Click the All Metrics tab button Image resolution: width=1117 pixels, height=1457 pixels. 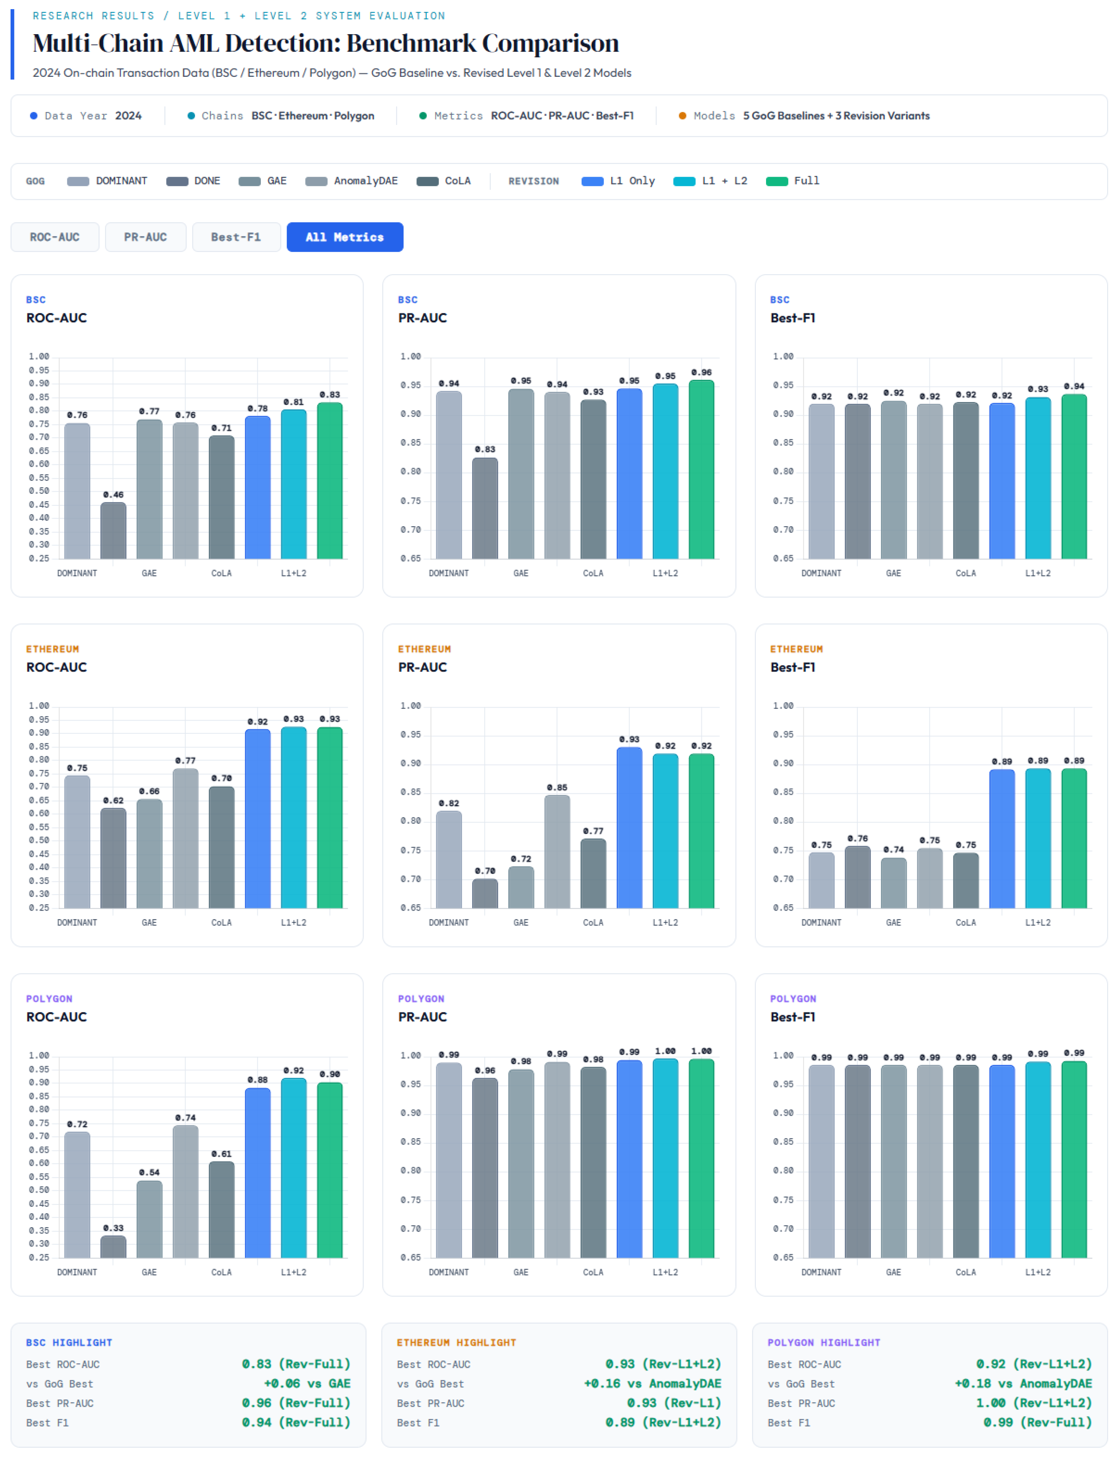click(x=344, y=237)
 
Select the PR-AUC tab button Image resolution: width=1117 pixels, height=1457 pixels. click(x=146, y=237)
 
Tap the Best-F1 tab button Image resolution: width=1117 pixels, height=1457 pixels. click(x=236, y=237)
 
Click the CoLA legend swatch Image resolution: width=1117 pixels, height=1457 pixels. click(x=427, y=181)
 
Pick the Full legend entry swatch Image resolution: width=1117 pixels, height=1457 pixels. click(x=777, y=181)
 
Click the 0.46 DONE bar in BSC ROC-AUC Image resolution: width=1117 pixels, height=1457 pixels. click(x=113, y=530)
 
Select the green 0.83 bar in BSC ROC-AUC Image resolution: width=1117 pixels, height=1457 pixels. click(x=330, y=481)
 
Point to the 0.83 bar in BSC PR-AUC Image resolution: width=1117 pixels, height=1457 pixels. click(x=485, y=508)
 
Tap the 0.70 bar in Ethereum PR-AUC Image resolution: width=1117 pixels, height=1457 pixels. click(x=485, y=893)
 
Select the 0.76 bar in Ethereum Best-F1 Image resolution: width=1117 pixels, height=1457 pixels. click(x=858, y=877)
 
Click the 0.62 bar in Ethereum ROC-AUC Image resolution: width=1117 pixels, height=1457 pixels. click(x=113, y=858)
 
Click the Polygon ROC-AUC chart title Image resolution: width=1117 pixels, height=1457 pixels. click(x=57, y=1017)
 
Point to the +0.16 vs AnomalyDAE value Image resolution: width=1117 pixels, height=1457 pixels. click(x=652, y=1383)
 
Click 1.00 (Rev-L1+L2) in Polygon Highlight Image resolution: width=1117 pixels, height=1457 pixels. click(x=1034, y=1402)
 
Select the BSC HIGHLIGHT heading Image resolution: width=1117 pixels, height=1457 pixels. click(x=69, y=1343)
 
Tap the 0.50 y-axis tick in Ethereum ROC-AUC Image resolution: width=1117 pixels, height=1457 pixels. click(x=39, y=840)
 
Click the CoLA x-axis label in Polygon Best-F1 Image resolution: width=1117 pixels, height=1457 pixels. click(x=965, y=1272)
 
